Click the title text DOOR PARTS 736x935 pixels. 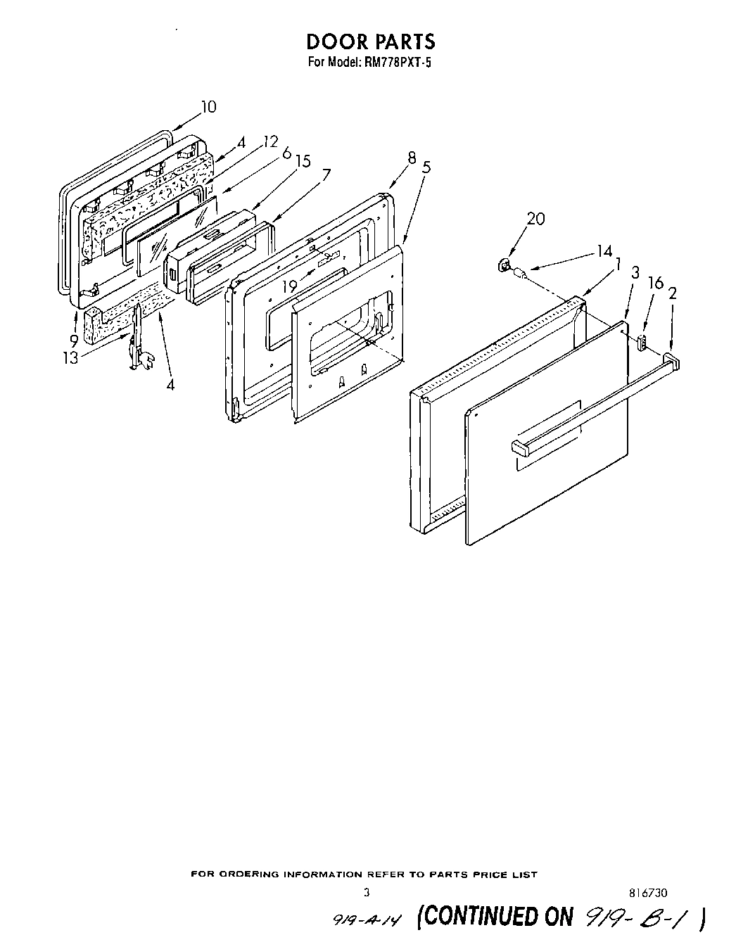370,42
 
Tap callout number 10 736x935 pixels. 208,107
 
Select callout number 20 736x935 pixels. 535,219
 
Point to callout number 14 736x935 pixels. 604,250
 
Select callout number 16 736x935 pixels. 655,283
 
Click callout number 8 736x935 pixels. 412,158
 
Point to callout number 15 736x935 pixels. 303,161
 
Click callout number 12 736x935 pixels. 270,141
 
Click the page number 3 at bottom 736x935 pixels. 365,892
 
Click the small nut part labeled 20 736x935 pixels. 504,265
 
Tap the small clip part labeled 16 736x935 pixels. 641,342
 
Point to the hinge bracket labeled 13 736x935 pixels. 138,345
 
